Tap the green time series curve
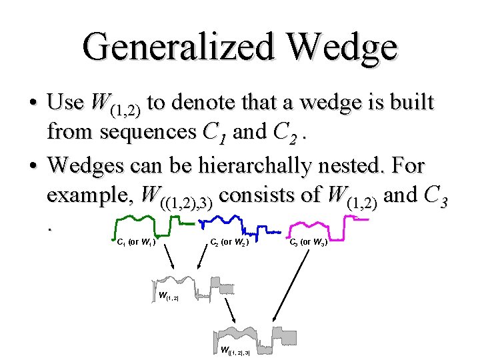[144, 221]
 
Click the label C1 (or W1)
[136, 243]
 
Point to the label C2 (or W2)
[229, 243]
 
